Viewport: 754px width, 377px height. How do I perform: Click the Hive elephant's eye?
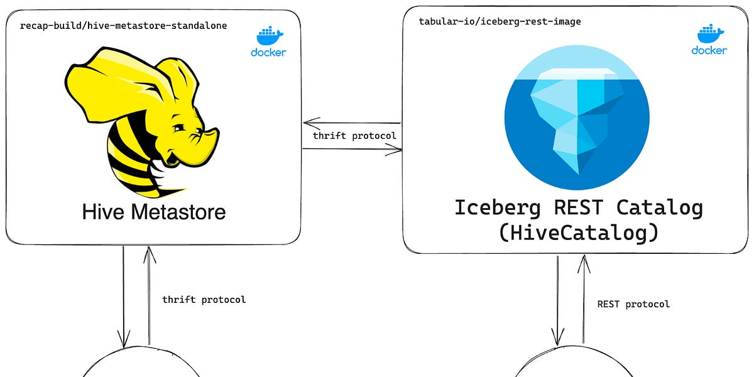pos(180,129)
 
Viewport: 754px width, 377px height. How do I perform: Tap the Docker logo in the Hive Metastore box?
pos(268,41)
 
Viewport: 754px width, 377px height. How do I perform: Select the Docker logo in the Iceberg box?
pos(709,40)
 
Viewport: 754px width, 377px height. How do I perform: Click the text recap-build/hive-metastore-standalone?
pos(123,26)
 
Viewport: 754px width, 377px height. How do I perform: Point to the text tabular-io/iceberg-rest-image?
pos(500,21)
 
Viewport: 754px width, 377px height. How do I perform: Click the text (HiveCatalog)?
pos(578,232)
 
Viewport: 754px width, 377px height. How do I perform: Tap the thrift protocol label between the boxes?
pos(354,136)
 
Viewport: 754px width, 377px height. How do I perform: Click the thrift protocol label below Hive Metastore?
pos(204,300)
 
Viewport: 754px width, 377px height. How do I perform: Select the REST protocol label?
pos(633,304)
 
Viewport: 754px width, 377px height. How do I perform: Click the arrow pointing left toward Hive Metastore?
pos(352,123)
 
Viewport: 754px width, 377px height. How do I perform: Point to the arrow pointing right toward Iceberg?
pos(352,149)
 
